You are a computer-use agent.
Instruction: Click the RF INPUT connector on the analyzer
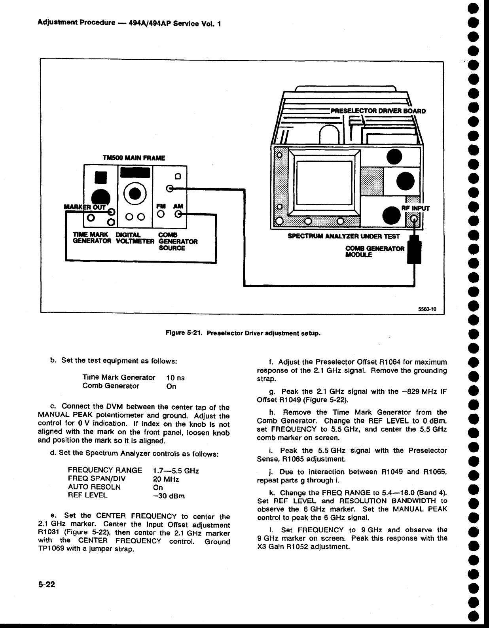pyautogui.click(x=414, y=218)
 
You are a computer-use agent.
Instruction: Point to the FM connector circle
pyautogui.click(x=161, y=214)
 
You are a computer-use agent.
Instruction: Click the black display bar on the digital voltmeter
pyautogui.click(x=135, y=173)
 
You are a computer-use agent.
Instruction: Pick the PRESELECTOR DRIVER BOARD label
pyautogui.click(x=378, y=111)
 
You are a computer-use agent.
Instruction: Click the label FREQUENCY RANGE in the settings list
pyautogui.click(x=105, y=471)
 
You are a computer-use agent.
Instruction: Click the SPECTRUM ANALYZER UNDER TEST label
pyautogui.click(x=344, y=236)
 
